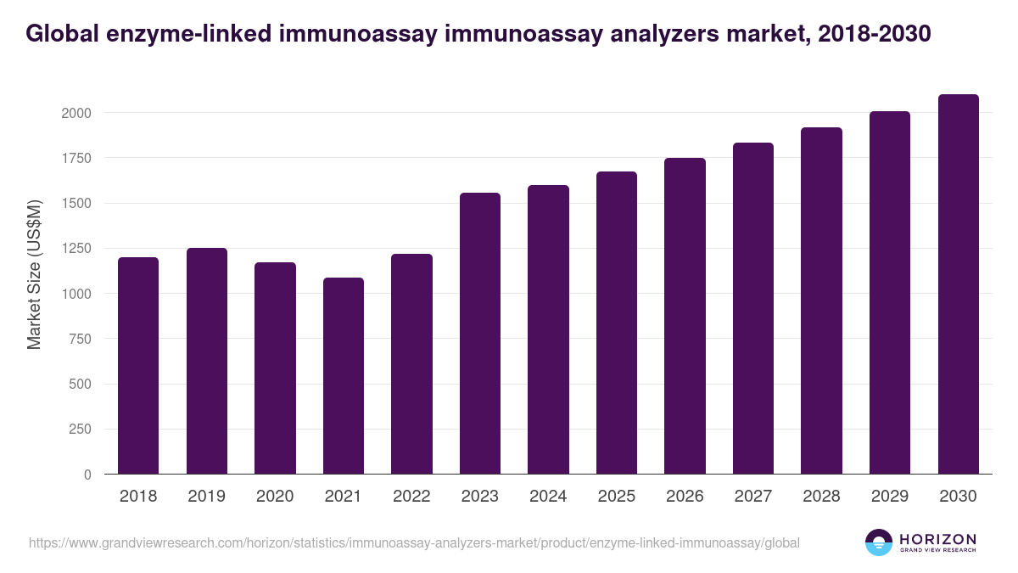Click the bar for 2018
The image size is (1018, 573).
[x=138, y=365]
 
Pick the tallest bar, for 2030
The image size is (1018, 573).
[x=958, y=284]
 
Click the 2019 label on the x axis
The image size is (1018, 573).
[x=206, y=497]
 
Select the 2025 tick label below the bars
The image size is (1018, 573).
[x=616, y=497]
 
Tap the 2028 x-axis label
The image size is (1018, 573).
[x=821, y=497]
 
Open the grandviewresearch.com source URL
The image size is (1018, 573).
[x=414, y=542]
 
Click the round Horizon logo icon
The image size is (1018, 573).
[x=879, y=542]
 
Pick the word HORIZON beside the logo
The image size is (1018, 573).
[x=937, y=538]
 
